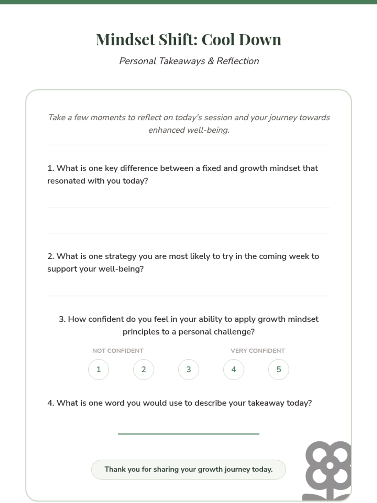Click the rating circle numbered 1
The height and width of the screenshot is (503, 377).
(99, 369)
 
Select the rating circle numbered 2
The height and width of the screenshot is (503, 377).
(144, 369)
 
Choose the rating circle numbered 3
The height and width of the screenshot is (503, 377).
(188, 369)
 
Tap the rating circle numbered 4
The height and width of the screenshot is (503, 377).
(233, 369)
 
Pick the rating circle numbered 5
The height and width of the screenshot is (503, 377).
(279, 369)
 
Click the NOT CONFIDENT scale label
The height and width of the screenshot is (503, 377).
(117, 351)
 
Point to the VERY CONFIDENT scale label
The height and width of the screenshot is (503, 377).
(258, 351)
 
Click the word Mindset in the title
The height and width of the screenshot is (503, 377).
(125, 40)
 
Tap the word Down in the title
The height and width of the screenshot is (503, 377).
(260, 40)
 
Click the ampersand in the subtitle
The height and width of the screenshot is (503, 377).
(211, 61)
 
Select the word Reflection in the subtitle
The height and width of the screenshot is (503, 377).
(238, 61)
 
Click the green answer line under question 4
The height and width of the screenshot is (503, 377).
(188, 434)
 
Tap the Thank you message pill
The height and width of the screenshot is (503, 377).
(188, 469)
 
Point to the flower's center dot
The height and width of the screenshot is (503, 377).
(330, 465)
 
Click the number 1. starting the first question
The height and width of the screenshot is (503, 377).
(51, 169)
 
